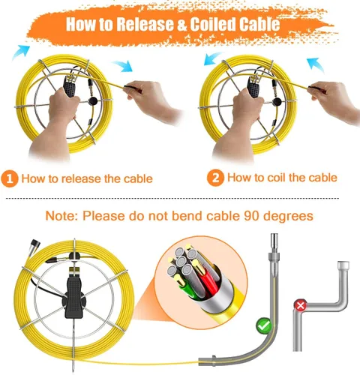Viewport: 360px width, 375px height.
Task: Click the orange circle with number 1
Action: pos(10,179)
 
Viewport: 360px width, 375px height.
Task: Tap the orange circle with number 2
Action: pos(215,178)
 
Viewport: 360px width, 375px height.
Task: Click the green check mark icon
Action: pos(264,325)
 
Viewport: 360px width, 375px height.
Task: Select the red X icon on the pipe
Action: pos(301,305)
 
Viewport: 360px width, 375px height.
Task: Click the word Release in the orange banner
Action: pos(145,24)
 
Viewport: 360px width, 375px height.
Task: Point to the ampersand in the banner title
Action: pos(181,24)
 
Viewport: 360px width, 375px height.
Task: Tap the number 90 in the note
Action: pos(251,216)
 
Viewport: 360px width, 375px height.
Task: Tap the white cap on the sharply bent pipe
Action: pos(343,265)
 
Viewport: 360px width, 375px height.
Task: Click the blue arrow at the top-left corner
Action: pos(20,52)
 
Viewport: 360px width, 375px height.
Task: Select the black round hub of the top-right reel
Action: pos(277,102)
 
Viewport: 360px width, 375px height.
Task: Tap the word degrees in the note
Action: pos(288,216)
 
